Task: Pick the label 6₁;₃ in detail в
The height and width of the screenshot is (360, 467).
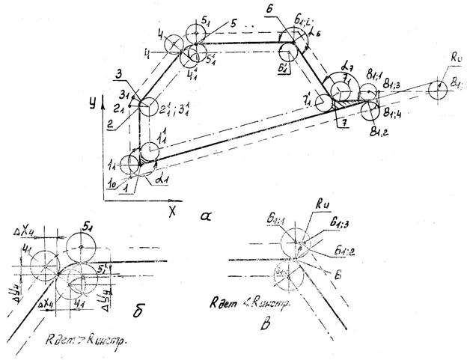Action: click(x=335, y=242)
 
